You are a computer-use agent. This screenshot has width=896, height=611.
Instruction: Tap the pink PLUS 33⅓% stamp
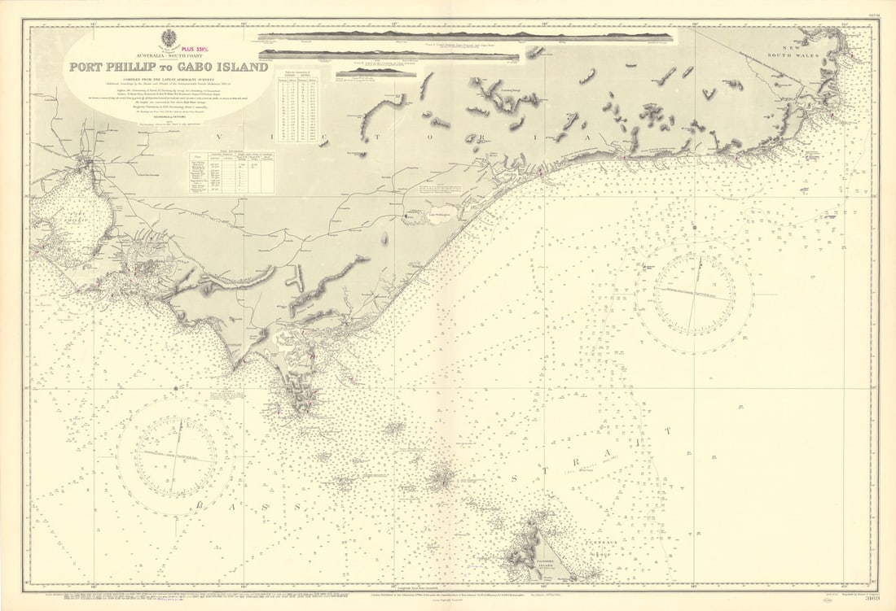tap(199, 47)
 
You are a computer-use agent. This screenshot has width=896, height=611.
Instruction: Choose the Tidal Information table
tap(231, 172)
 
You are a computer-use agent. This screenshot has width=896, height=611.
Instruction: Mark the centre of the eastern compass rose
tap(694, 295)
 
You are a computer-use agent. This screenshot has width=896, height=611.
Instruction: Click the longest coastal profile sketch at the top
tap(466, 37)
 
